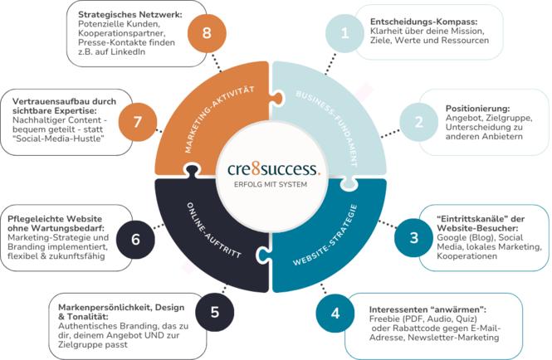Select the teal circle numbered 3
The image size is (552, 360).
[x=413, y=237]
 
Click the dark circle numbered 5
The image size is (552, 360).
[x=215, y=312]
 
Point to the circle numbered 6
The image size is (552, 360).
[x=135, y=238]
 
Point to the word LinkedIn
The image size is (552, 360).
[x=125, y=51]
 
